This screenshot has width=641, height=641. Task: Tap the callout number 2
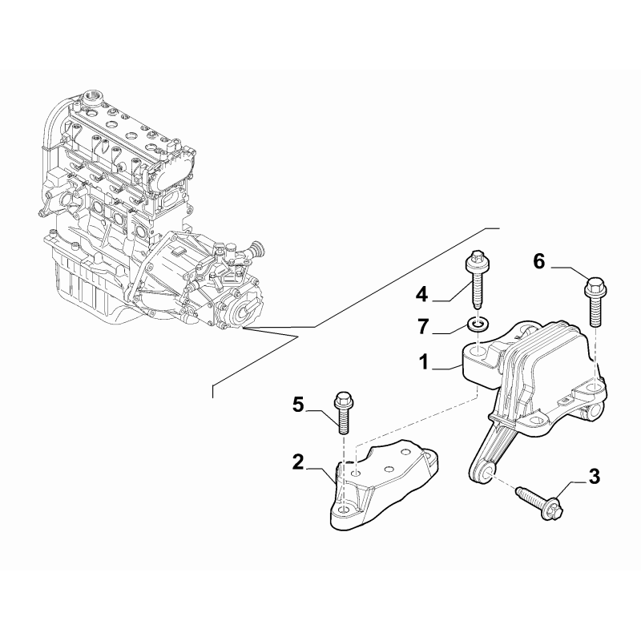tap(298, 462)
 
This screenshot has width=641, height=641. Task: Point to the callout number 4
tap(421, 296)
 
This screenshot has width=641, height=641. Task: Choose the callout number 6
tap(538, 260)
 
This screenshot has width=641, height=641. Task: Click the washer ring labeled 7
tap(478, 325)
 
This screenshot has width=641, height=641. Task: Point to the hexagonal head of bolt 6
tap(595, 284)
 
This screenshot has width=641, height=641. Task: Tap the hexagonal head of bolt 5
tap(341, 398)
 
